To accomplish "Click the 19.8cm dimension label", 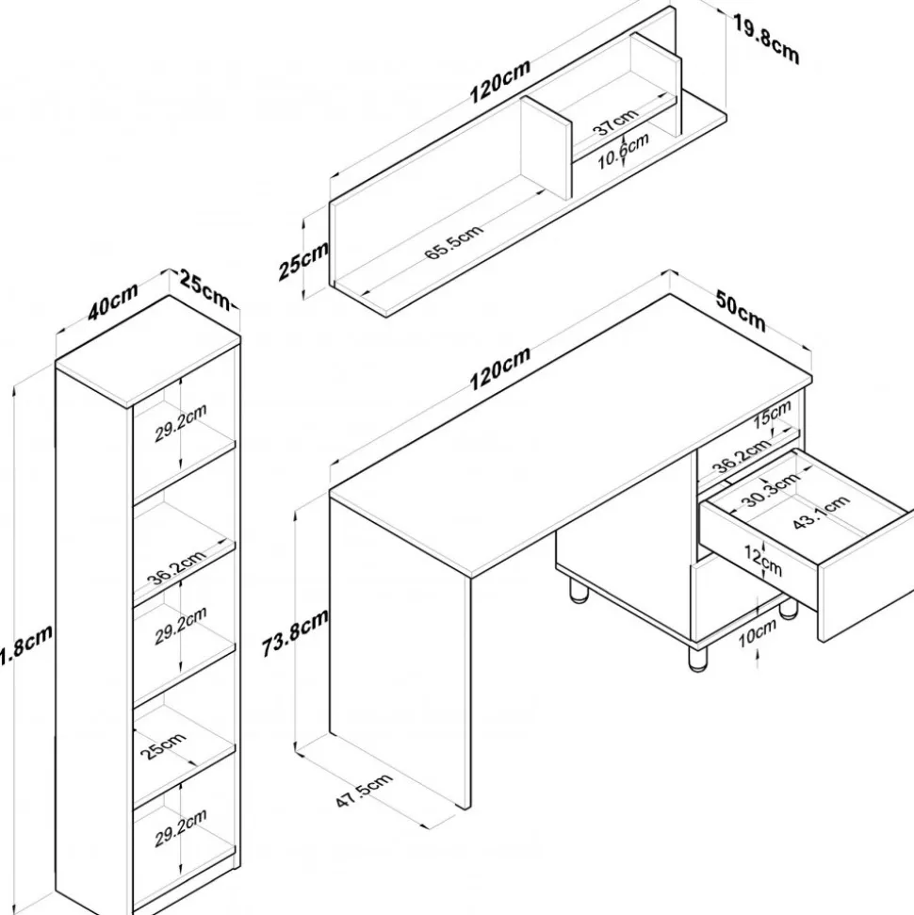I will [766, 40].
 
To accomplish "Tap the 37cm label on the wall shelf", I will [617, 123].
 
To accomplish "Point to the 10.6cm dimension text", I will [624, 151].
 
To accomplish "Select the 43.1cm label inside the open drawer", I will [821, 513].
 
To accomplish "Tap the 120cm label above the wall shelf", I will [499, 79].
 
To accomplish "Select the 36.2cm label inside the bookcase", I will [176, 565].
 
